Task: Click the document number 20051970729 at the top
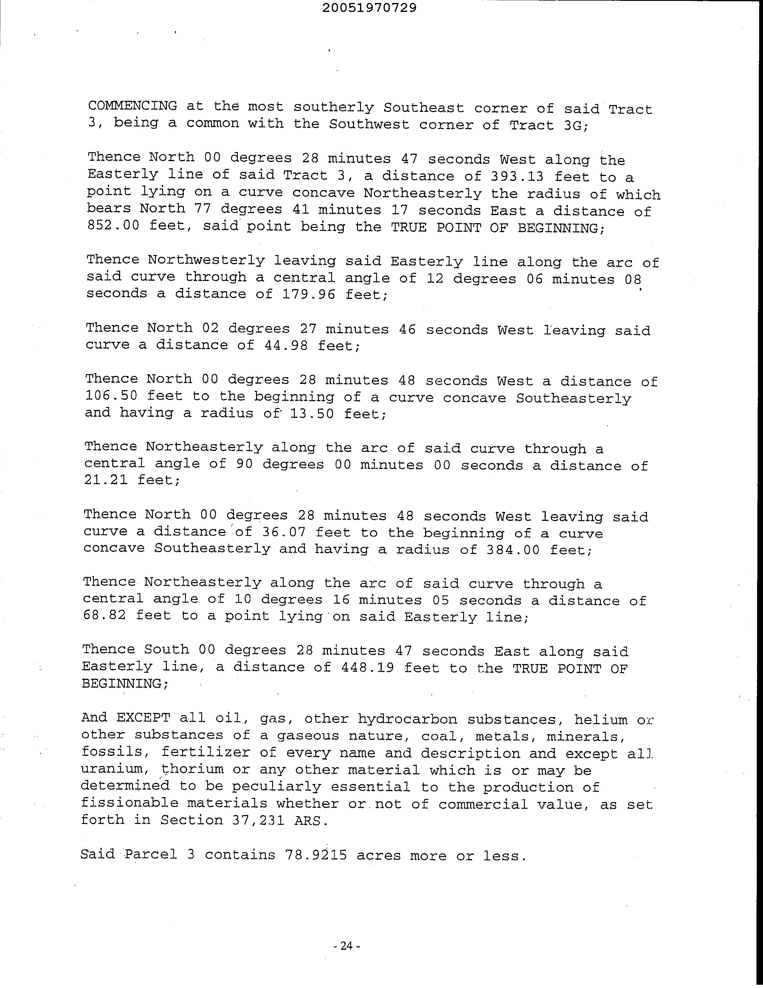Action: click(370, 8)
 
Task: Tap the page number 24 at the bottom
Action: click(346, 945)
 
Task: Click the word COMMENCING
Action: click(132, 106)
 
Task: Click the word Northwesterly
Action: click(206, 260)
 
